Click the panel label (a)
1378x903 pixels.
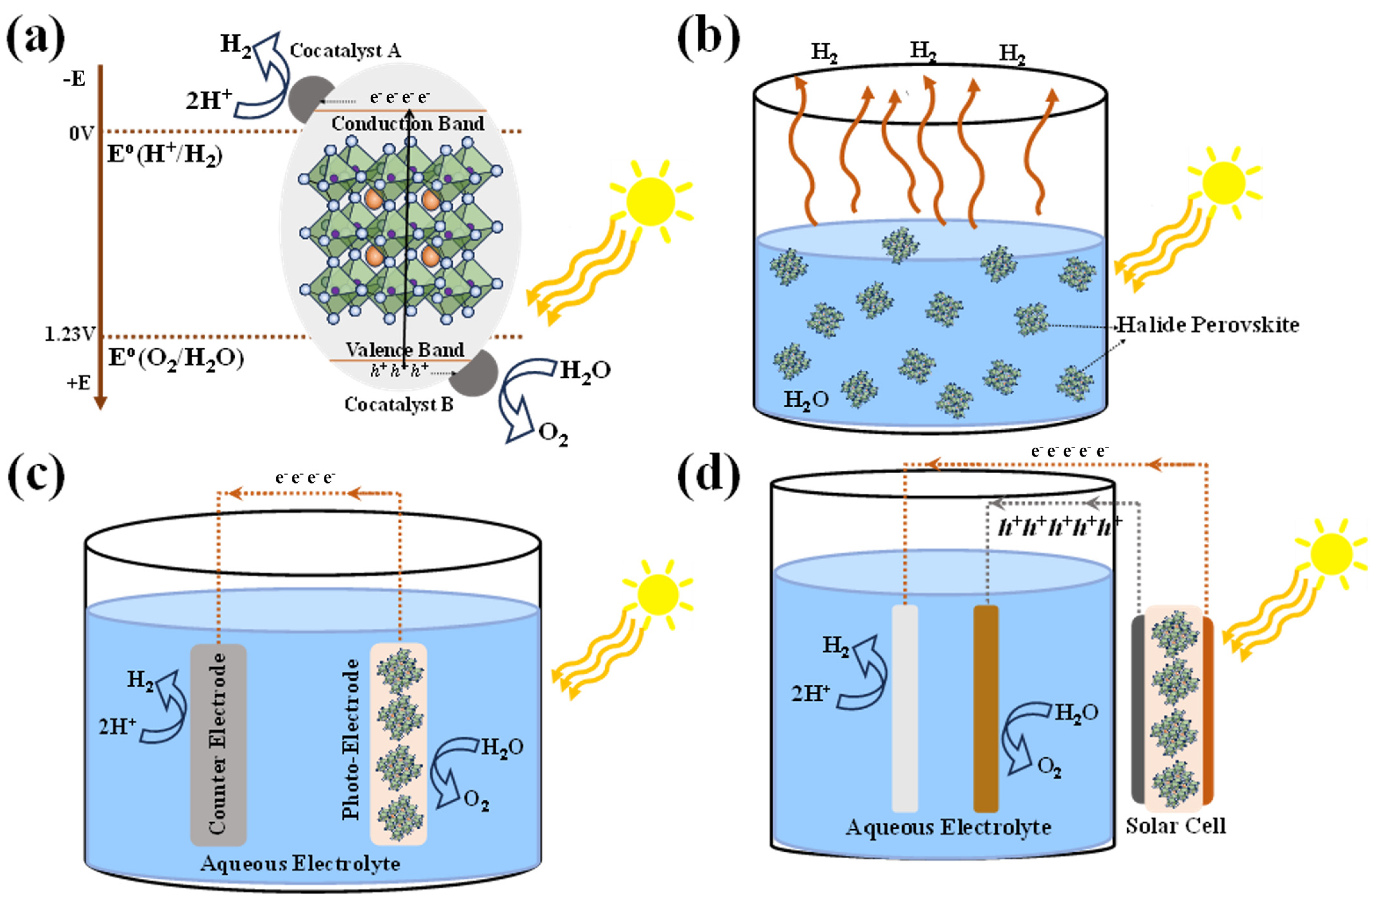36,36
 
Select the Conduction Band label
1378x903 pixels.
408,123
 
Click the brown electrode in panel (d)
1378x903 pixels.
986,708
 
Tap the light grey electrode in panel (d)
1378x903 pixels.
904,708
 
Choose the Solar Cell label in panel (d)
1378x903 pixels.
1175,825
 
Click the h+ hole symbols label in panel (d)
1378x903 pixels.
1060,527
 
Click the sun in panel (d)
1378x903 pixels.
1332,554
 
